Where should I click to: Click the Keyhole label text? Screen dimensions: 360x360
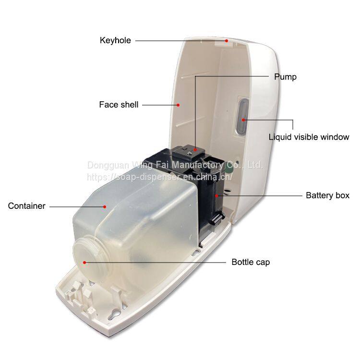(115, 40)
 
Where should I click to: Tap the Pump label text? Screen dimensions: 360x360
(285, 77)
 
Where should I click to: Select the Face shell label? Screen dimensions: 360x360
(119, 104)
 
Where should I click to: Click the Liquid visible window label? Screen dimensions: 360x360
(309, 137)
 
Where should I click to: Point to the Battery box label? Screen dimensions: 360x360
(328, 195)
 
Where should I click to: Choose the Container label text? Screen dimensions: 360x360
(27, 206)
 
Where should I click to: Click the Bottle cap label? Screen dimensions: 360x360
(251, 262)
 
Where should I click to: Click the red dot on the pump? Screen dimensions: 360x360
(195, 150)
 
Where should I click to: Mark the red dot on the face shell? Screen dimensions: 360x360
(178, 104)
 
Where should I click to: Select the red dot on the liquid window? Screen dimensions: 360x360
(244, 120)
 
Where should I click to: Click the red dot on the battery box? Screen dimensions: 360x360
(217, 195)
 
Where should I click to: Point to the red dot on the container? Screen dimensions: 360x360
(104, 206)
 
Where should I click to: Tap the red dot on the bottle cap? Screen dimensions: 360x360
(84, 262)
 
